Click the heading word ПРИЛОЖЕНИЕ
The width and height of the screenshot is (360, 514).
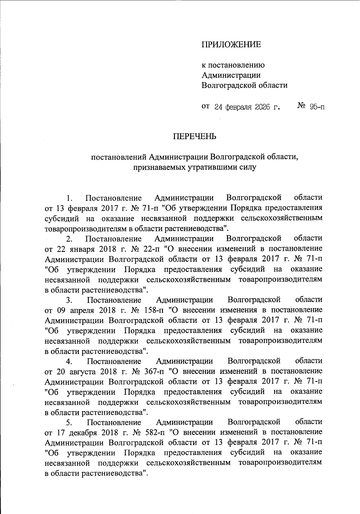click(231, 45)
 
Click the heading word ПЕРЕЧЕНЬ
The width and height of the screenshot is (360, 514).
click(194, 137)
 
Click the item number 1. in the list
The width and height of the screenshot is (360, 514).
click(70, 198)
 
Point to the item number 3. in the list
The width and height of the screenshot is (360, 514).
click(70, 300)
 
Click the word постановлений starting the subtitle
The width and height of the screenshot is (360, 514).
click(119, 157)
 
